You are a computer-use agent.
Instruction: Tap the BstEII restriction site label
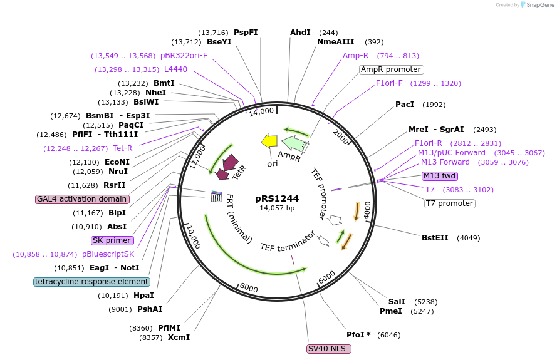435,237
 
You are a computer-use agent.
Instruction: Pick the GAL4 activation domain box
83,199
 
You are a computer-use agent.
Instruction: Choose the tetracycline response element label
92,282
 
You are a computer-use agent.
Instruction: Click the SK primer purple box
112,240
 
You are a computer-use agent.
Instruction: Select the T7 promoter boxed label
449,203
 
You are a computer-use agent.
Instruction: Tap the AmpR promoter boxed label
391,69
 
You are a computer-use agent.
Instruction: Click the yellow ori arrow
269,141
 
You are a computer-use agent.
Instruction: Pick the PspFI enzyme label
246,33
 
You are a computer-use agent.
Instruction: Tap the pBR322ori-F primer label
184,56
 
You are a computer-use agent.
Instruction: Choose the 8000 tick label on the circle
249,288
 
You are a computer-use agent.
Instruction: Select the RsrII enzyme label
115,185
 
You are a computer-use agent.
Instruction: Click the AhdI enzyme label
300,33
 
